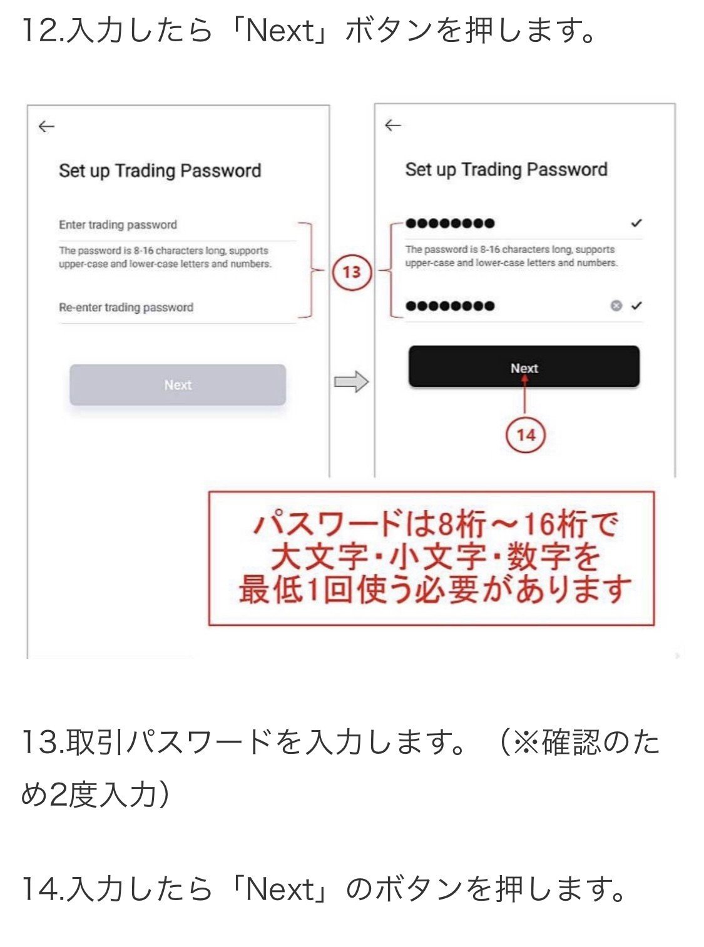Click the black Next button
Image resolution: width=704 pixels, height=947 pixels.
coord(524,367)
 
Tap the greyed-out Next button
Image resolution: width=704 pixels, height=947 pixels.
coord(178,385)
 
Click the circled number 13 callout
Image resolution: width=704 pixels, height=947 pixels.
coord(352,272)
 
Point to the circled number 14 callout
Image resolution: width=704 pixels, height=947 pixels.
coord(526,435)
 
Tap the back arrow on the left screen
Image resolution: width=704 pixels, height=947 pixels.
coord(46,127)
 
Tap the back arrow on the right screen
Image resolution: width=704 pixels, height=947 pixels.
coord(392,126)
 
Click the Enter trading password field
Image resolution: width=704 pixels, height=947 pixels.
coord(118,225)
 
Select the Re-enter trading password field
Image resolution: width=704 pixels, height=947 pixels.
coord(126,308)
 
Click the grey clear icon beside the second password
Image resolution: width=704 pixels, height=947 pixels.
coord(616,306)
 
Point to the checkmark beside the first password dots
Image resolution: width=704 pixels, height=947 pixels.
coord(636,223)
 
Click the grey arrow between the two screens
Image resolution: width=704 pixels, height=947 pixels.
coord(351,381)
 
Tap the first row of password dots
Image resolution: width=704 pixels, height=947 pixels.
coord(450,224)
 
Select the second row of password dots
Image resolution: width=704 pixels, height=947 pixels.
coord(450,306)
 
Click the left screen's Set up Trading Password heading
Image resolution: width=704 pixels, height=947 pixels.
coord(160,171)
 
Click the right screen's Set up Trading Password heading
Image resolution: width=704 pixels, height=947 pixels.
coord(506,169)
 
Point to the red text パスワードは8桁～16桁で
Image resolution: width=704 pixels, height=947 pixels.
coord(435,524)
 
